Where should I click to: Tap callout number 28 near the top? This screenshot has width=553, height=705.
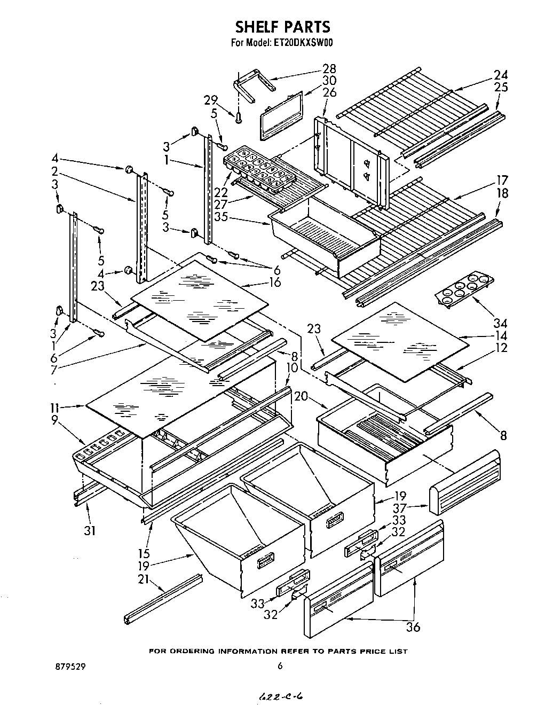pos(329,68)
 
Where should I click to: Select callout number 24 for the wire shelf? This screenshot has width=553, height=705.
pos(500,75)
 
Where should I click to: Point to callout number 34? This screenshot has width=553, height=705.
pos(500,323)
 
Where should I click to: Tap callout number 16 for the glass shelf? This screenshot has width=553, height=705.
pos(275,282)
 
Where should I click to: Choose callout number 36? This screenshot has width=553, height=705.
pos(413,627)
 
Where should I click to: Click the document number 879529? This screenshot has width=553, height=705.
pos(70,667)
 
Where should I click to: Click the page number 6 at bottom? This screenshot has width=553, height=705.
pos(279,666)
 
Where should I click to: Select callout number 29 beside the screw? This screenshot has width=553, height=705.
pos(211,100)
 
